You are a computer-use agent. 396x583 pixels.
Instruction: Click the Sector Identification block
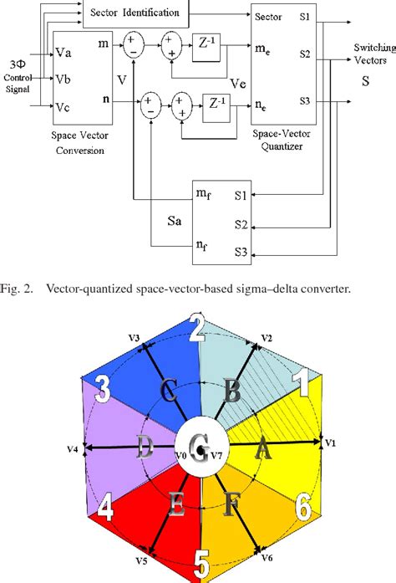point(135,13)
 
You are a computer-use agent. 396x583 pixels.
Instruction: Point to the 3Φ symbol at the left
point(17,64)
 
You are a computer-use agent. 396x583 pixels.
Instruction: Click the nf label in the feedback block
point(204,246)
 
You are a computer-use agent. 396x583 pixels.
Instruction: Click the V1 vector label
point(330,442)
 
